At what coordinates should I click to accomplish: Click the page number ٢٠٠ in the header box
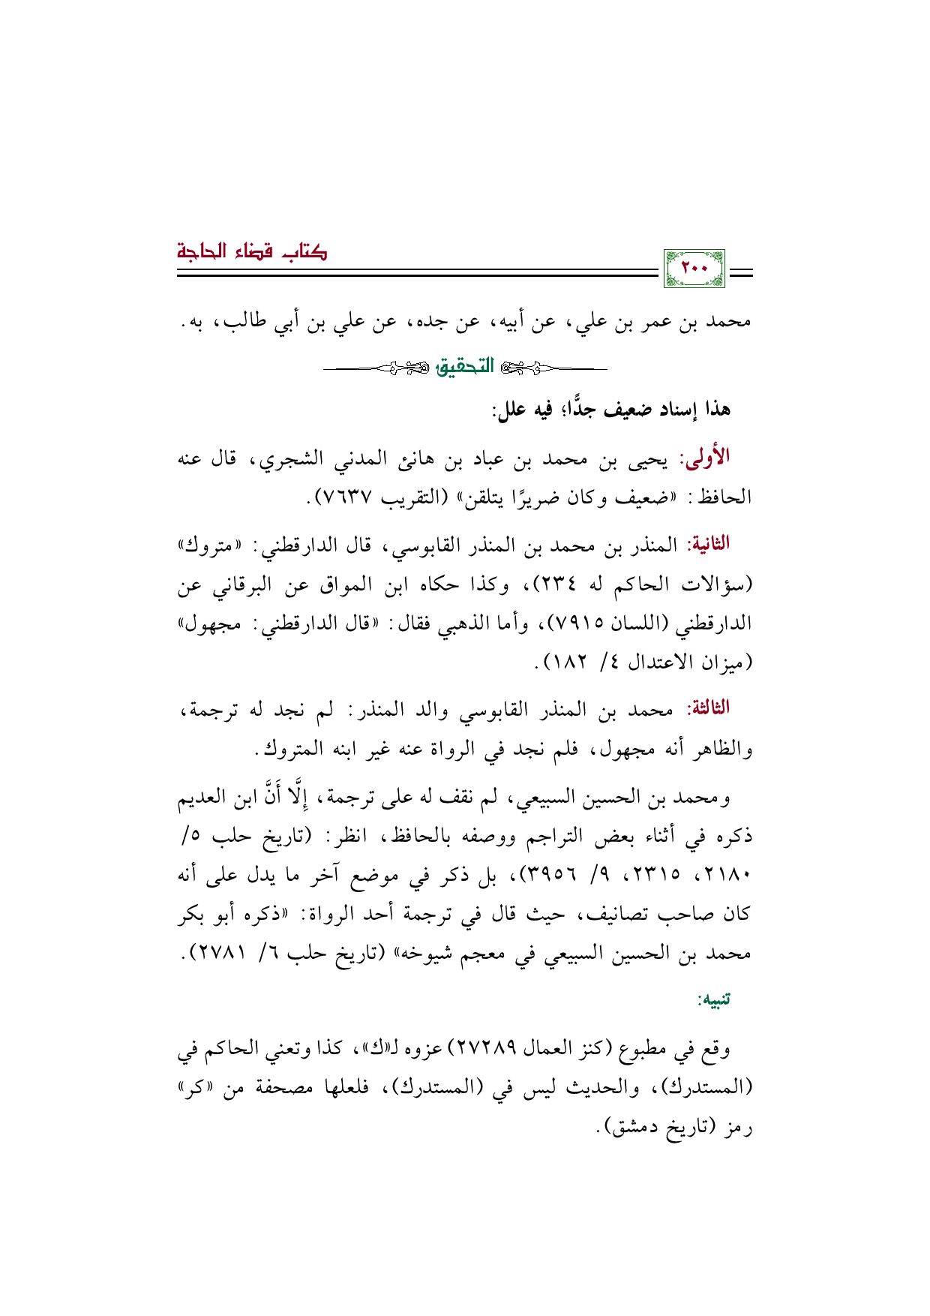click(x=694, y=269)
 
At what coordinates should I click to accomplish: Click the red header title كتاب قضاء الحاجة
click(x=252, y=251)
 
